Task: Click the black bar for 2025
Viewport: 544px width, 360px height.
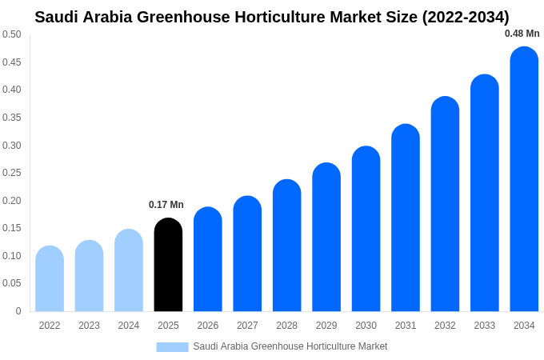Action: [x=168, y=265]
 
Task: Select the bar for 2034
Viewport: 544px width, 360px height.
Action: [x=524, y=179]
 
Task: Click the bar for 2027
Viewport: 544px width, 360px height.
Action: [x=247, y=254]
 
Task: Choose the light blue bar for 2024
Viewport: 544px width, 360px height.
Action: [x=129, y=270]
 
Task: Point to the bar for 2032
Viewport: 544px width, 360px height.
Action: [x=445, y=204]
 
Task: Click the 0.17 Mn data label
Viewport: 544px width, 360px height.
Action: [x=166, y=205]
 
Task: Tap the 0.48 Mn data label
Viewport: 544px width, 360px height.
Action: [x=522, y=34]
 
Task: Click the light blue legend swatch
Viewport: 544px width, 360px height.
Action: [x=172, y=346]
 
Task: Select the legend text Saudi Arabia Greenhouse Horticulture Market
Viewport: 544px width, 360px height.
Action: [x=290, y=346]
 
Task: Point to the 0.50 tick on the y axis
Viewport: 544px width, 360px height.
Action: [x=12, y=34]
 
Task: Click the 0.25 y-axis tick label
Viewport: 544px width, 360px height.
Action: [x=12, y=173]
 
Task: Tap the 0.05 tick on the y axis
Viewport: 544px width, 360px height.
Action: [x=12, y=283]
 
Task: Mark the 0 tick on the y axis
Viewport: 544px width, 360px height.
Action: [x=18, y=311]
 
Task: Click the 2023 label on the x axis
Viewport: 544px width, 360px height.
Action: [x=89, y=326]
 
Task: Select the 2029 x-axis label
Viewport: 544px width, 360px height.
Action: [x=326, y=326]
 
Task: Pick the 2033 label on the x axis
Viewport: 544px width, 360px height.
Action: [x=484, y=326]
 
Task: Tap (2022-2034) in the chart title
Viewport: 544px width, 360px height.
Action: [x=466, y=17]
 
